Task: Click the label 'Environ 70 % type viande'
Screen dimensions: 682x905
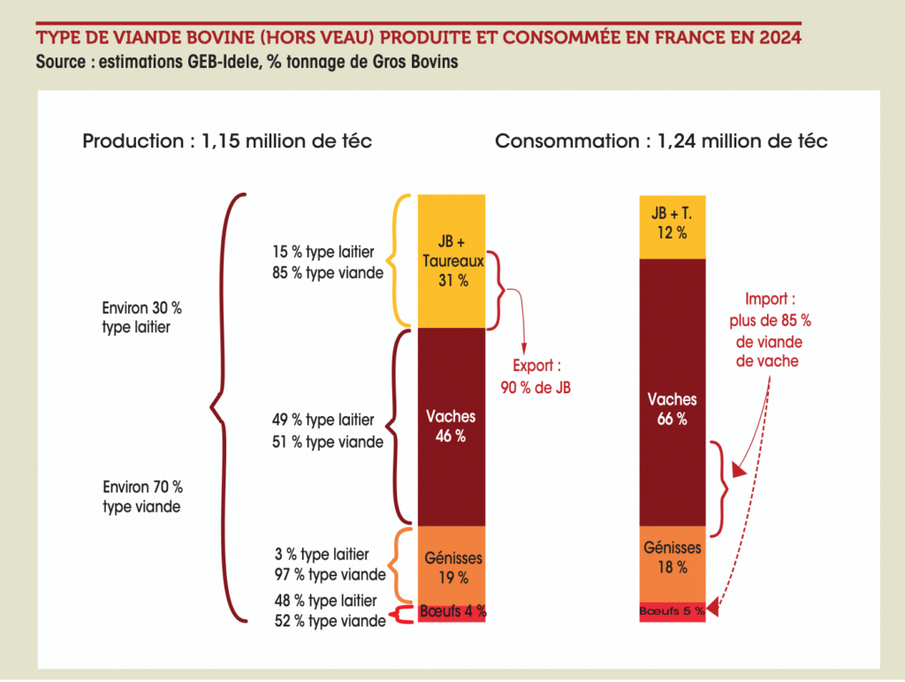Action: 142,496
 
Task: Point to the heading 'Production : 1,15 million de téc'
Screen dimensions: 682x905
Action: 227,140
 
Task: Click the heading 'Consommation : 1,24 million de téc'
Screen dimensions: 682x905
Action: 661,140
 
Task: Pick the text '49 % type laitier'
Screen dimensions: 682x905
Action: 323,421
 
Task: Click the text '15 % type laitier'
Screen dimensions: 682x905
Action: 323,253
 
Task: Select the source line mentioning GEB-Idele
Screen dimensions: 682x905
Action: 247,64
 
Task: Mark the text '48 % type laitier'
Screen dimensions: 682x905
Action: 329,601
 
